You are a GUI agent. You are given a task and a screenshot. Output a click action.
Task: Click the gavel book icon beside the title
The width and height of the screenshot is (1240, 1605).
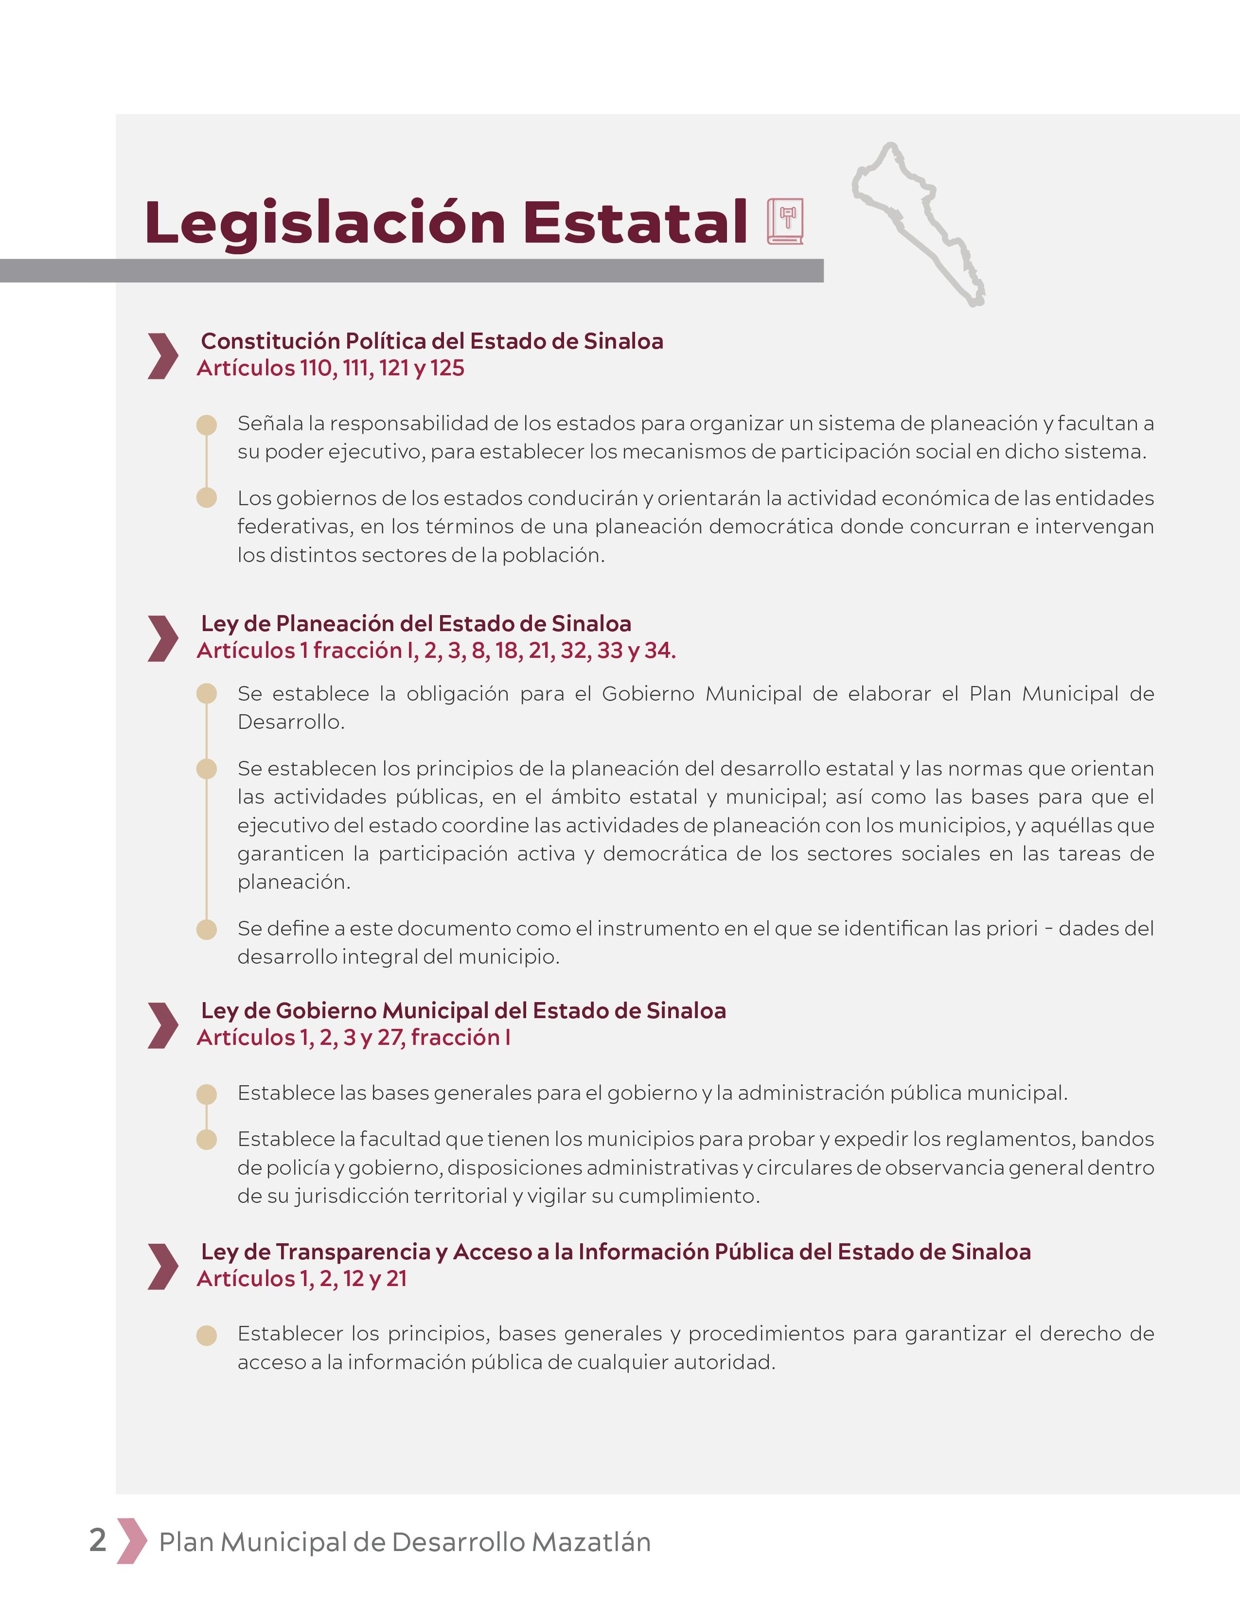click(785, 221)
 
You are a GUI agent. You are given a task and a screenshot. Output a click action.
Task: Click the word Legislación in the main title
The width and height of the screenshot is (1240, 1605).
click(325, 223)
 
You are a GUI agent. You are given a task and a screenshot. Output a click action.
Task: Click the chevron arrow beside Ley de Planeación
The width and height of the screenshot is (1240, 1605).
click(162, 638)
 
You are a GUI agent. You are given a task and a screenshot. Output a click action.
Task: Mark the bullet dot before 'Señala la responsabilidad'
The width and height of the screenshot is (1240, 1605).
click(207, 425)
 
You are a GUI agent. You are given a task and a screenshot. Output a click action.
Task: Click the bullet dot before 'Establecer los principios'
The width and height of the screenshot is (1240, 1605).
click(207, 1335)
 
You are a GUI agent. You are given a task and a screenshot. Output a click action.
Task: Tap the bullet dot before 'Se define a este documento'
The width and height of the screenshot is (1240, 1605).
click(207, 930)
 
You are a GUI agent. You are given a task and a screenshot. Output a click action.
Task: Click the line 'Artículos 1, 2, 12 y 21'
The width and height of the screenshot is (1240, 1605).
click(301, 1279)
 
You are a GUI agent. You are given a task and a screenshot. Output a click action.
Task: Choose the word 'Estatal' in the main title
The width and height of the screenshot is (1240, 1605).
click(634, 223)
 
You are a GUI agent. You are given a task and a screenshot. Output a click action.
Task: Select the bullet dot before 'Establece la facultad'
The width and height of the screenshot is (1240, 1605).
click(207, 1140)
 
